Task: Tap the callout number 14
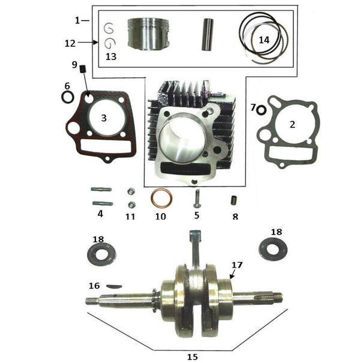pos(265,40)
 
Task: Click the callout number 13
pos(110,57)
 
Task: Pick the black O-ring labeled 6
pos(68,97)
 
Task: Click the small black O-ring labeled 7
pos(261,109)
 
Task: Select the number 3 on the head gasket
pos(104,118)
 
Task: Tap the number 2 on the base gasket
pos(292,125)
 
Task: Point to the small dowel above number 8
pos(235,200)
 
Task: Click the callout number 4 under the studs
pos(100,214)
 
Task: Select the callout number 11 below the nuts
pos(130,216)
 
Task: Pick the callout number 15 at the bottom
pos(192,356)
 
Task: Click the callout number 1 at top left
pos(77,21)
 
